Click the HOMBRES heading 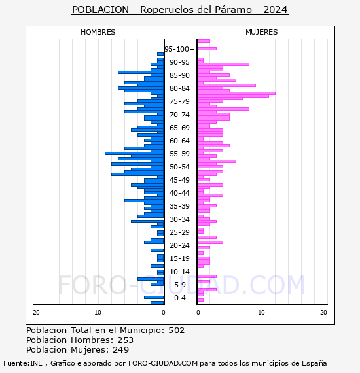point(98,32)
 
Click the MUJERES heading point(262,32)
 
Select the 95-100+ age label point(179,49)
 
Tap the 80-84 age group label point(179,88)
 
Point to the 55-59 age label point(179,154)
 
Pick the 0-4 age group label point(179,298)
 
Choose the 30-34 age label point(179,219)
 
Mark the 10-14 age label point(179,272)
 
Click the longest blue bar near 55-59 point(134,153)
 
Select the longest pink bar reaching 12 point(236,93)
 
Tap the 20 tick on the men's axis point(36,313)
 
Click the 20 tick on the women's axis point(323,313)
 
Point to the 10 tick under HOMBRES point(98,313)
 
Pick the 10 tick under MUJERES point(261,313)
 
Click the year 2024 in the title point(276,10)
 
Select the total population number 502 point(177,330)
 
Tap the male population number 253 point(126,340)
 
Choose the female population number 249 point(121,350)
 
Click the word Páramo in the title point(233,10)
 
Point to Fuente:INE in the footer point(23,363)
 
